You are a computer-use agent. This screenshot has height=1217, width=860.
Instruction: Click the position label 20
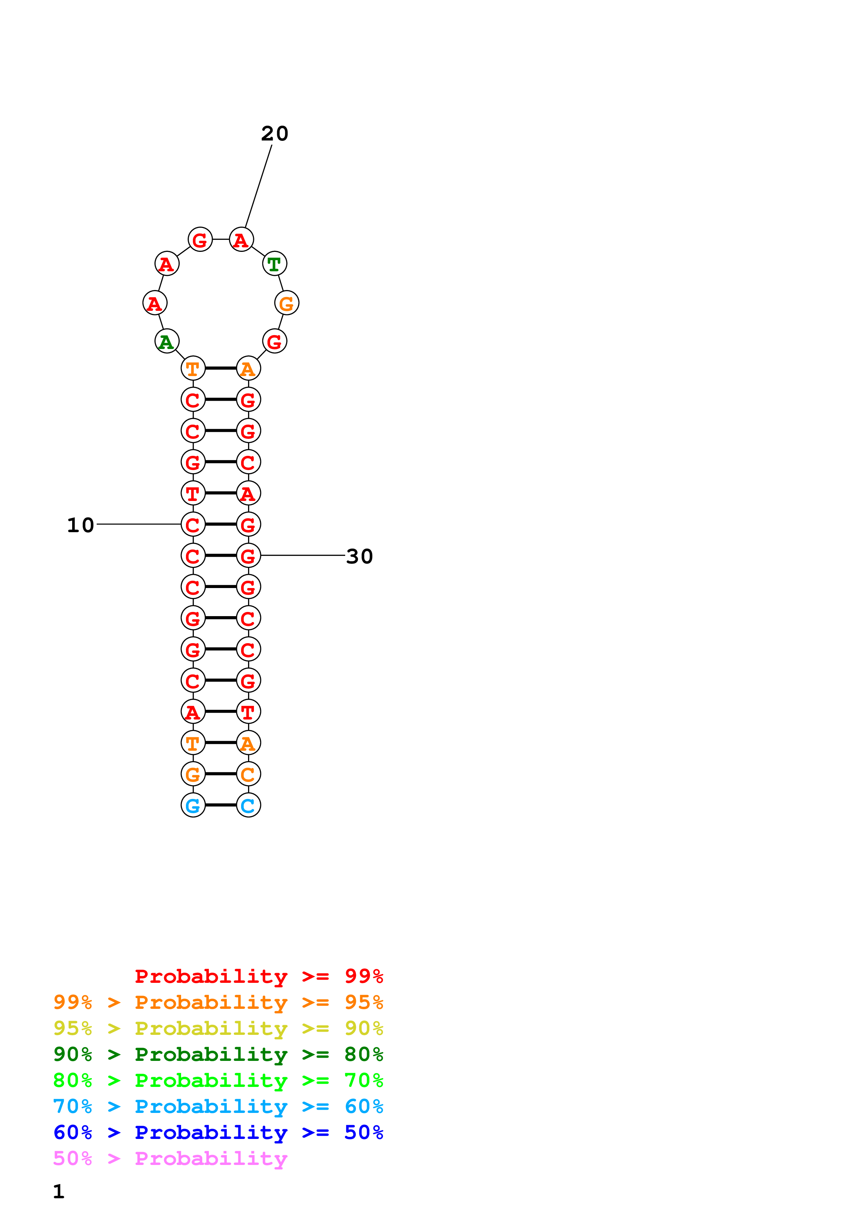tap(274, 134)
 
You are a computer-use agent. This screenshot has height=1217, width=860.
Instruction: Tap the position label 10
tap(80, 525)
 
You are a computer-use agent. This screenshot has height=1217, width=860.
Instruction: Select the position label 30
tap(359, 556)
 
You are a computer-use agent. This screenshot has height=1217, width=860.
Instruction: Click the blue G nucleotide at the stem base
tap(193, 805)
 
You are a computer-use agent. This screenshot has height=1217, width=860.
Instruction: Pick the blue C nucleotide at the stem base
tap(248, 805)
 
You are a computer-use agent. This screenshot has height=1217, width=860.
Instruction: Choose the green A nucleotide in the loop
tap(167, 341)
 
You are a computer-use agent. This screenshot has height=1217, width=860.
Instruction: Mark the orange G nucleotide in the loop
tap(287, 303)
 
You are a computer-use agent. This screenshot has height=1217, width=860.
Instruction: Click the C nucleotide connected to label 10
tap(193, 525)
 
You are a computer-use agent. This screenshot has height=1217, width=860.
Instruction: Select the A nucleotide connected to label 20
tap(241, 240)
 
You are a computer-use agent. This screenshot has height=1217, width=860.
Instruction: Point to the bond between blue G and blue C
tap(220, 805)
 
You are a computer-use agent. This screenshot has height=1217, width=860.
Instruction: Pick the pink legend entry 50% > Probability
tap(170, 1159)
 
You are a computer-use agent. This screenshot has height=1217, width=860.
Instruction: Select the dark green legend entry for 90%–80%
tap(218, 1054)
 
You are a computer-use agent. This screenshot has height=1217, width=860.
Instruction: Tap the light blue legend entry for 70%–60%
tap(218, 1106)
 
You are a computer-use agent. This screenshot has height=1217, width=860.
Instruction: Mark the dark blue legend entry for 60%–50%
tap(218, 1132)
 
